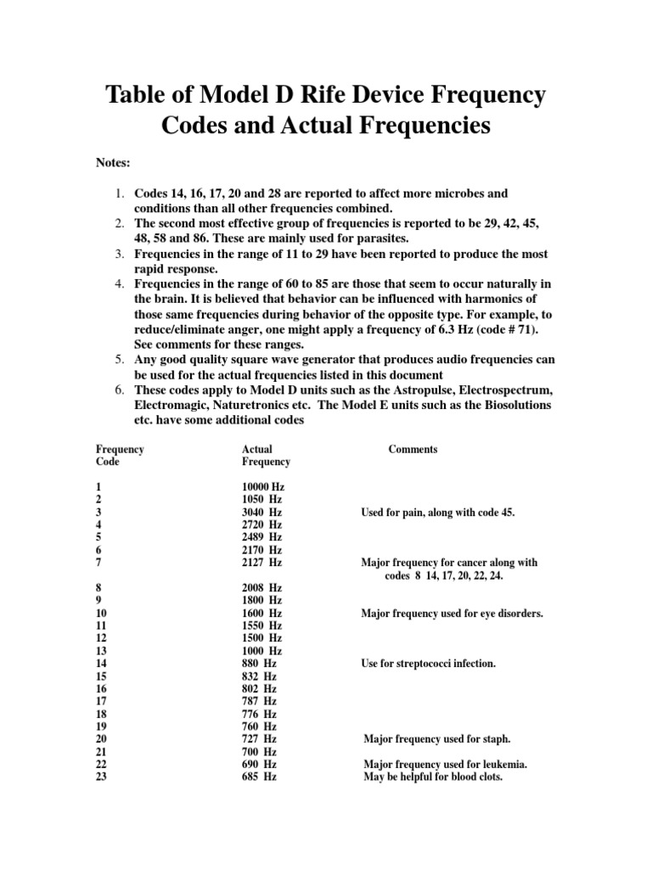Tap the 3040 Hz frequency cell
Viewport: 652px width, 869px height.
[262, 513]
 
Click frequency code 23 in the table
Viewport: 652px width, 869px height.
[102, 776]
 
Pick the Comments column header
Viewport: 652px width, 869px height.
[413, 449]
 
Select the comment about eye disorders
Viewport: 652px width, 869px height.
[452, 613]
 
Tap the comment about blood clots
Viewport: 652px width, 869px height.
[433, 776]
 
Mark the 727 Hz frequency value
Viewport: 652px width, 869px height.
[259, 738]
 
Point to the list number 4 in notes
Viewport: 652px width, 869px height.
[121, 284]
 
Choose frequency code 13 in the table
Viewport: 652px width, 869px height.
[102, 650]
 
